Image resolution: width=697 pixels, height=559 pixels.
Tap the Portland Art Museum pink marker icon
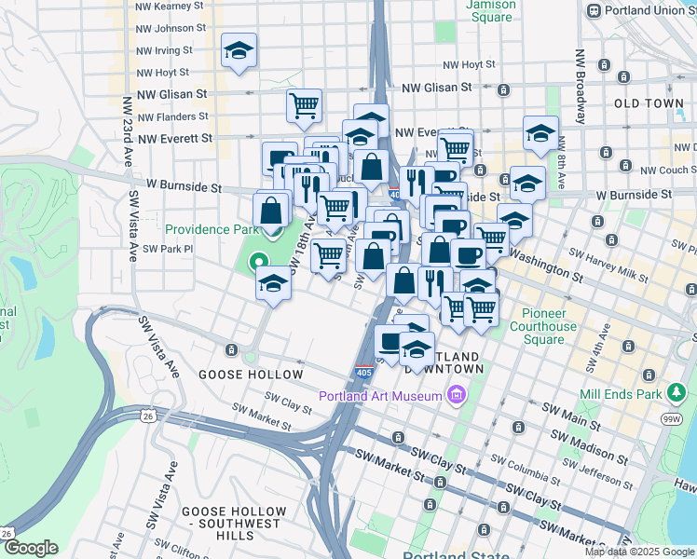click(x=456, y=396)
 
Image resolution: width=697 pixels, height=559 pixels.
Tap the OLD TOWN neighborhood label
click(x=649, y=103)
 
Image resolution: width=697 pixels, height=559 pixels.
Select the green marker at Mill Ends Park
click(x=676, y=394)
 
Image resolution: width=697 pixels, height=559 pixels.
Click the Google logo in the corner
click(x=31, y=548)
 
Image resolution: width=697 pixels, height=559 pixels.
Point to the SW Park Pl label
click(x=168, y=249)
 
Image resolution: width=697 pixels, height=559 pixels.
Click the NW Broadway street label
click(x=580, y=86)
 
